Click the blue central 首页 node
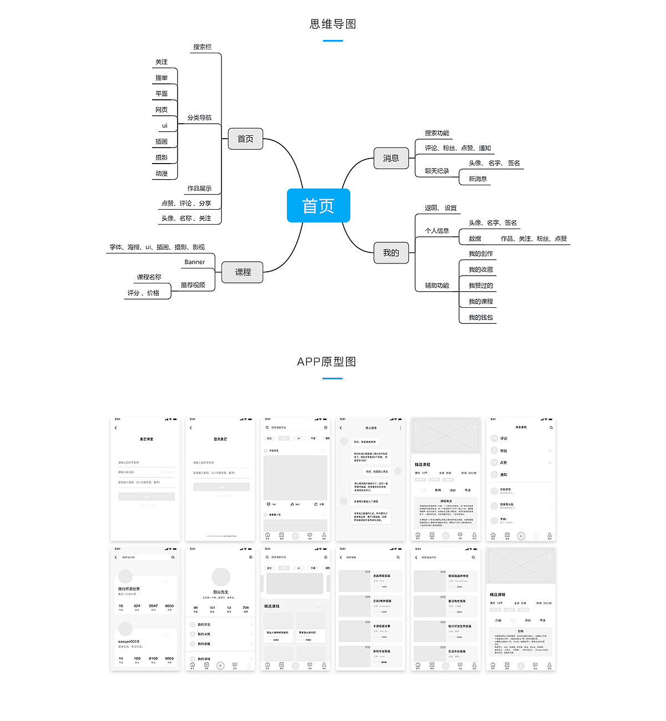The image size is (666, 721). click(318, 206)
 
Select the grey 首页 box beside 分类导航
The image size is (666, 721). click(245, 139)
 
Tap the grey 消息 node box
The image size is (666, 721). click(391, 158)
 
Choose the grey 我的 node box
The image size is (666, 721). click(391, 253)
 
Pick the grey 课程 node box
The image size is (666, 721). click(243, 272)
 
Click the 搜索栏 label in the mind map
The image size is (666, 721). click(202, 47)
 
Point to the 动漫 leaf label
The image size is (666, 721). click(162, 174)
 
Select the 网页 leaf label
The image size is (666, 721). click(162, 110)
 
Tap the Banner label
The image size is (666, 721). click(194, 262)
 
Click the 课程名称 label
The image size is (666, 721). click(149, 277)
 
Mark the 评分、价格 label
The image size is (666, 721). click(143, 293)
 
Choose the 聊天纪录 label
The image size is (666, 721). click(437, 171)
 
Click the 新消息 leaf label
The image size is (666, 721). click(477, 179)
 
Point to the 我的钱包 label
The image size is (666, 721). click(481, 317)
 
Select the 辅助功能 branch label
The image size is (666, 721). click(437, 286)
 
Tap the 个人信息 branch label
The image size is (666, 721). click(437, 231)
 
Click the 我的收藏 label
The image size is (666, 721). click(481, 270)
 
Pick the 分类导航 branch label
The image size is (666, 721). click(199, 118)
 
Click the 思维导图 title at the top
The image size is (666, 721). click(332, 24)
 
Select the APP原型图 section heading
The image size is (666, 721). click(326, 362)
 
